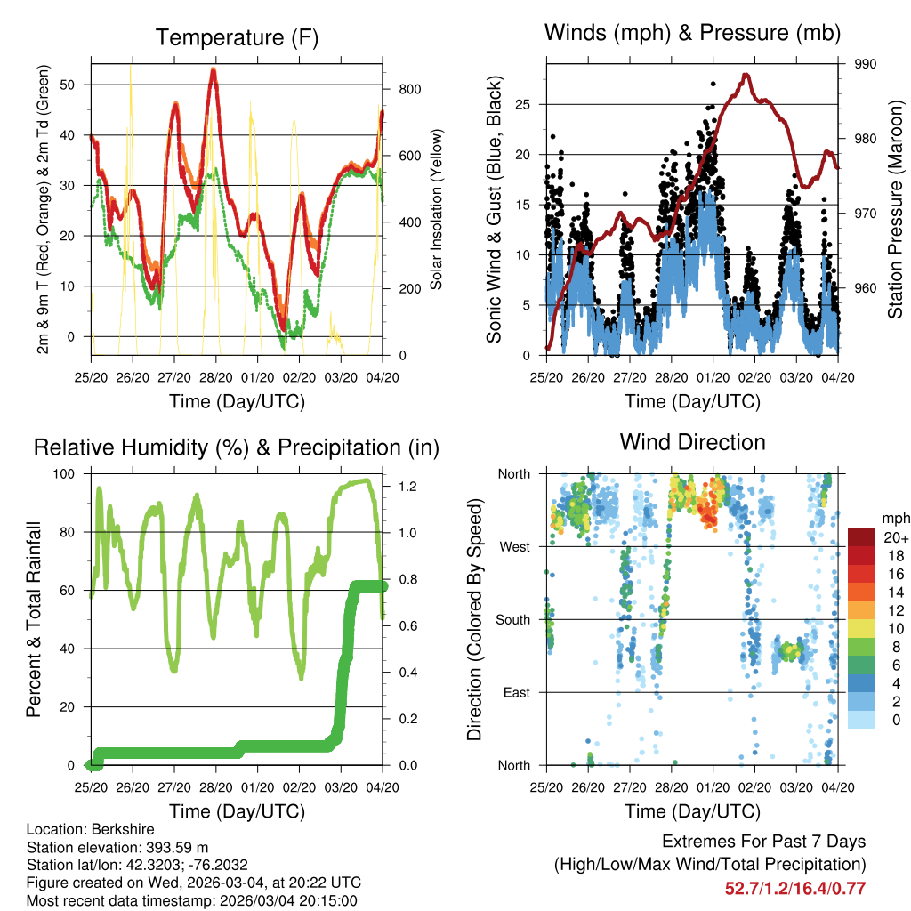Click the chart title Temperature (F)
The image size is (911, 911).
point(236,37)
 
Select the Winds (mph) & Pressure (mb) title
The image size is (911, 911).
point(692,33)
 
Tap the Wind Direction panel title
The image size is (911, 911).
point(692,442)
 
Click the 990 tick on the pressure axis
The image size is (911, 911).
point(866,64)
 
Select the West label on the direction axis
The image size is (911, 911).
point(514,546)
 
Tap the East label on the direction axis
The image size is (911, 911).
point(516,692)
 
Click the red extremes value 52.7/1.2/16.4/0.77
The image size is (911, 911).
point(794,888)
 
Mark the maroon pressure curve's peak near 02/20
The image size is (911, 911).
point(746,76)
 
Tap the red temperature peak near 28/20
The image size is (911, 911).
point(213,70)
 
